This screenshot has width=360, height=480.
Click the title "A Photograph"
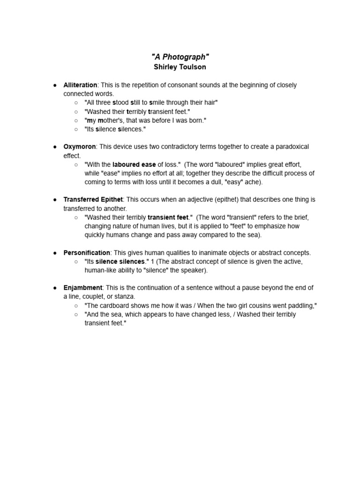point(180,57)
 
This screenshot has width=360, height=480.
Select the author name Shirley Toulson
point(180,67)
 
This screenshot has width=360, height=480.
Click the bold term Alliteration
point(80,85)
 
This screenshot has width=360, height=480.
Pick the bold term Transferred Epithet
point(93,200)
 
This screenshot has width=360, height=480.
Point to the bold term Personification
point(87,253)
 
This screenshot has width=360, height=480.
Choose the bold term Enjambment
point(83,288)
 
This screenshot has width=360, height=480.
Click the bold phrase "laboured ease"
point(134,165)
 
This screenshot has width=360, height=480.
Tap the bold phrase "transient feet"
point(168,217)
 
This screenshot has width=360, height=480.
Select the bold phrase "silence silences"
point(120,262)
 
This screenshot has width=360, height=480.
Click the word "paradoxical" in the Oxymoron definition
point(292,147)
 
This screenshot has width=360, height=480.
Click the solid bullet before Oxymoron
point(55,147)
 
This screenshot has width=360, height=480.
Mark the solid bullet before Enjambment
point(55,288)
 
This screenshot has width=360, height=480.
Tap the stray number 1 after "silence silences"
point(152,262)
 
